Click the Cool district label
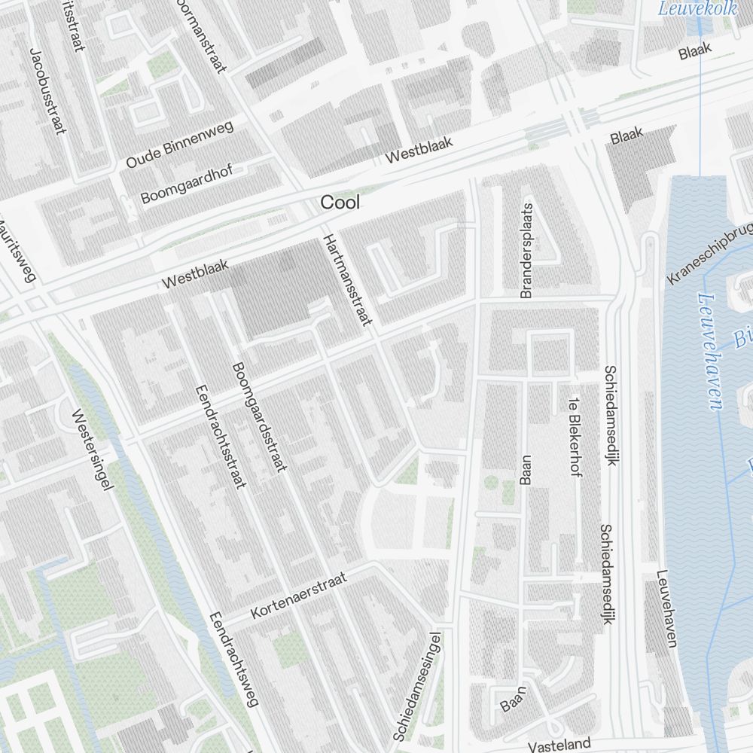tap(340, 203)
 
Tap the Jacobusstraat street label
tap(44, 91)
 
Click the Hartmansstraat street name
tap(348, 279)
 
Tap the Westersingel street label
tap(93, 450)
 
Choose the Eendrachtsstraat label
tap(221, 436)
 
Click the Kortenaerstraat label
tap(299, 595)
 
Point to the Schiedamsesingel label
tap(416, 686)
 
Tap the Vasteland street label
tap(559, 745)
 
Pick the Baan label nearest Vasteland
tap(512, 700)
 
